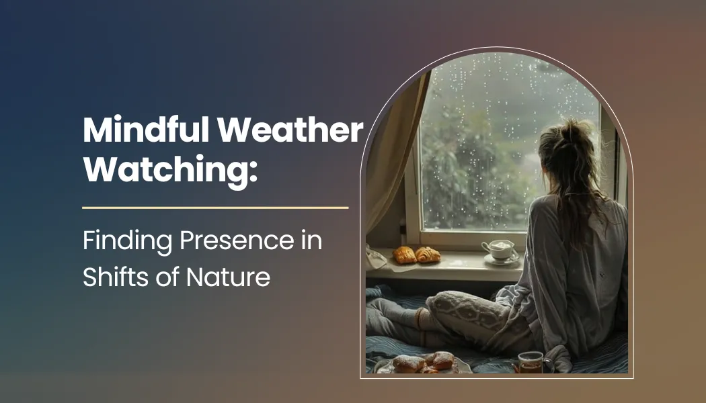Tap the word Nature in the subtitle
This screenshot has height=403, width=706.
(x=232, y=276)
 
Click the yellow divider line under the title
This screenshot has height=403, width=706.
(x=215, y=208)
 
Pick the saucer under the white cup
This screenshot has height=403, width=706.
(x=502, y=260)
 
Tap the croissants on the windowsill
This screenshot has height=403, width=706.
(x=416, y=255)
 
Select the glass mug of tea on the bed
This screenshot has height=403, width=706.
(x=530, y=361)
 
